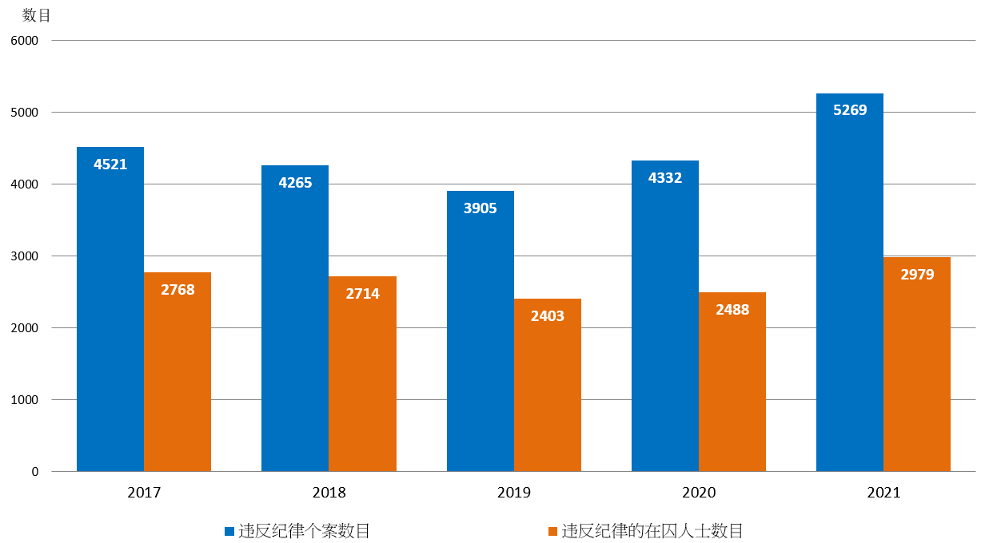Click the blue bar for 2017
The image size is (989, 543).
110,319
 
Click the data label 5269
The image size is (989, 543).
850,110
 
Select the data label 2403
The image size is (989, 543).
548,316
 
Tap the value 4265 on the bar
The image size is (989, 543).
295,183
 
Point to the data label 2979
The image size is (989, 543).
917,274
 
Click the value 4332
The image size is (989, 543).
665,178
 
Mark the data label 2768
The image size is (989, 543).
177,290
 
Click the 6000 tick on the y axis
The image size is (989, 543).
23,40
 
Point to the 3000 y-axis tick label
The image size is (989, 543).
23,256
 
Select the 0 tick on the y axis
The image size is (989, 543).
34,472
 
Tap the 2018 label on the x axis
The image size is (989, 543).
329,493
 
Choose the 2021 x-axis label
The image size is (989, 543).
883,493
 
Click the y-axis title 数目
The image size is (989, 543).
37,15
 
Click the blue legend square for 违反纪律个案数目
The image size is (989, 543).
229,531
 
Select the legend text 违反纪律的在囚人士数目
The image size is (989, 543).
652,531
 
